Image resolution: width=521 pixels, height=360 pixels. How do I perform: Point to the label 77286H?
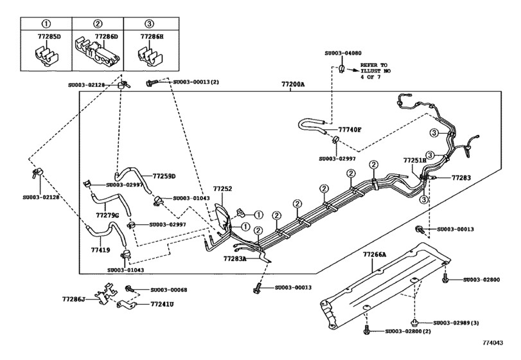(x=153, y=38)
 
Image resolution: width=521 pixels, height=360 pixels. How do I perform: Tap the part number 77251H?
(x=415, y=159)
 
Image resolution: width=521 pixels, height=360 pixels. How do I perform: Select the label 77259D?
(x=164, y=176)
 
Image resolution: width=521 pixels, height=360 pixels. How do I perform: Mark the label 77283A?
(x=236, y=258)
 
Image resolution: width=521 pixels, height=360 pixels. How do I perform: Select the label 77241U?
(x=163, y=304)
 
